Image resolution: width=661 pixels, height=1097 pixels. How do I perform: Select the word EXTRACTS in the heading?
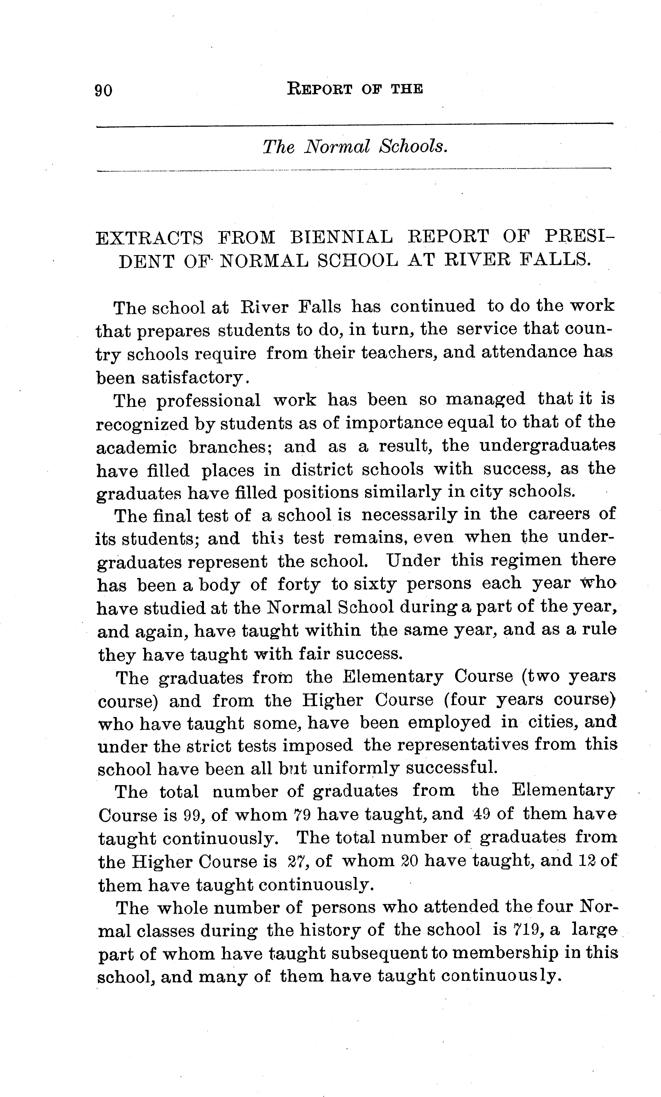tap(150, 238)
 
